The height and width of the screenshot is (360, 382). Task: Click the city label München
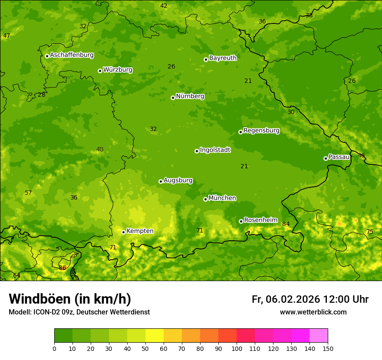click(x=222, y=198)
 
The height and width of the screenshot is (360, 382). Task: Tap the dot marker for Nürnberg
click(x=173, y=98)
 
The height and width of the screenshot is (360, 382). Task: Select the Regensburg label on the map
click(x=261, y=131)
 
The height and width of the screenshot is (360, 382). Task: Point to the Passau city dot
click(x=326, y=158)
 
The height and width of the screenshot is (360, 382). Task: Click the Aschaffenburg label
click(x=72, y=55)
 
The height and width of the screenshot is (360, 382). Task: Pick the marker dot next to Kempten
click(x=123, y=232)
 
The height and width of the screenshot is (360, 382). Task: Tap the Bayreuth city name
click(x=223, y=58)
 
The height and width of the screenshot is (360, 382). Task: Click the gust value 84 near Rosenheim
click(x=286, y=224)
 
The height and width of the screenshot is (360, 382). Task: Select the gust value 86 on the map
click(x=63, y=268)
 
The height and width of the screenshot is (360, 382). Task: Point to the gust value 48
click(x=100, y=150)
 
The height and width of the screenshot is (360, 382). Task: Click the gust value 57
click(x=28, y=193)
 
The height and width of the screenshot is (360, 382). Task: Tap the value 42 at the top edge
click(x=164, y=6)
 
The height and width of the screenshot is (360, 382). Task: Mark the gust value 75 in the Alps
click(x=370, y=232)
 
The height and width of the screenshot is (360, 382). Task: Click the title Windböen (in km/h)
click(x=70, y=299)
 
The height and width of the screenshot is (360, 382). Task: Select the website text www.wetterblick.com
click(x=313, y=312)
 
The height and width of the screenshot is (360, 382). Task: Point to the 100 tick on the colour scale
click(x=237, y=348)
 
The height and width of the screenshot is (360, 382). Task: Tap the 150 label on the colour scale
click(x=328, y=348)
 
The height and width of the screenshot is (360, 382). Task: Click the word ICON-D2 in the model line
click(x=46, y=312)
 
